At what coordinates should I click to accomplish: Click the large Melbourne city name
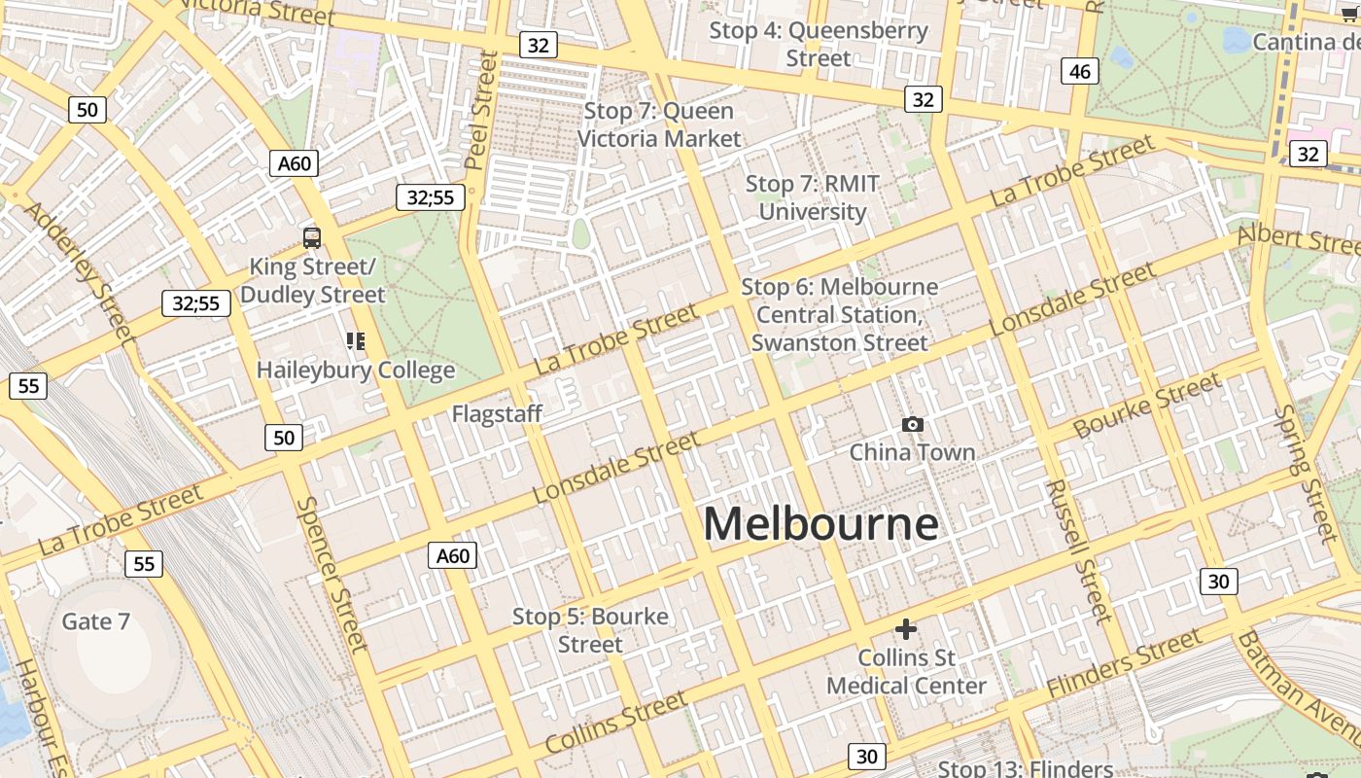click(821, 524)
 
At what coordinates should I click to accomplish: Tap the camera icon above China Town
click(912, 424)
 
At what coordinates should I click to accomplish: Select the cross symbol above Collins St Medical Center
click(906, 629)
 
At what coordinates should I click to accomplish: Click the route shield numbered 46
click(1079, 71)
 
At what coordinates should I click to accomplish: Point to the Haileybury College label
click(356, 371)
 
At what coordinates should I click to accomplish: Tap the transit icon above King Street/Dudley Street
click(312, 237)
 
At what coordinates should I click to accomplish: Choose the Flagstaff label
click(497, 414)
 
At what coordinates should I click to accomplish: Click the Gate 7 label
click(95, 621)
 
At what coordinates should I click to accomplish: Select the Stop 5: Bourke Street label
click(590, 630)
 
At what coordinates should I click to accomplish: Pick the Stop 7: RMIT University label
click(813, 197)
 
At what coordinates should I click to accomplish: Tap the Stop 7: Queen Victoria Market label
click(659, 124)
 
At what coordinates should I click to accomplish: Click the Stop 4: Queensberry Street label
click(819, 44)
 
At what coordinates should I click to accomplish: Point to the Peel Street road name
click(481, 109)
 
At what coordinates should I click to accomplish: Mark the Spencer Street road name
click(332, 574)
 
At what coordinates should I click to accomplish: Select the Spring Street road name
click(1307, 474)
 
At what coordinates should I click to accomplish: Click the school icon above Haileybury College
click(356, 340)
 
